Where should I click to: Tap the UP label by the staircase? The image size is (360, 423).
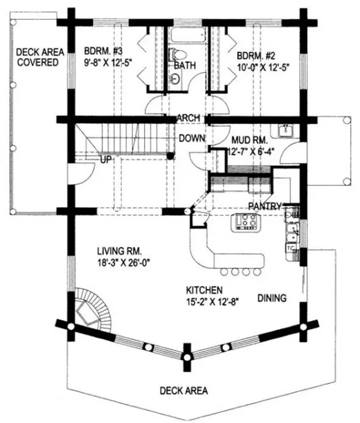106,159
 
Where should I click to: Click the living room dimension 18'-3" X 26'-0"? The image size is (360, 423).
123,261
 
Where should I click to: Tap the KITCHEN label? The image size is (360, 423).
204,289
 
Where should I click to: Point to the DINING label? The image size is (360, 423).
271,298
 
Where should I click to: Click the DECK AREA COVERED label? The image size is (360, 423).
38,57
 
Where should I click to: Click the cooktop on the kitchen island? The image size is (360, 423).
245,221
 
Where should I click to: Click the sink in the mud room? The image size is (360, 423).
283,132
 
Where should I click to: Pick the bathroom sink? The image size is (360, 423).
176,78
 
